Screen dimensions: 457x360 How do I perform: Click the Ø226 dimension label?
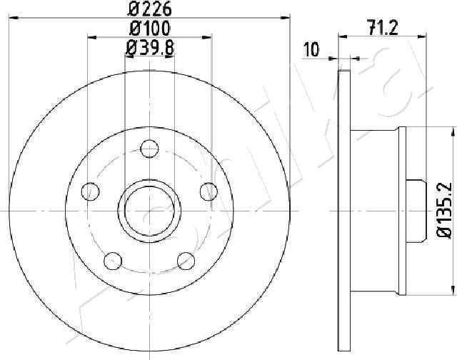[x=149, y=9]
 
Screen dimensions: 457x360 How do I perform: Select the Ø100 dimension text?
[x=149, y=29]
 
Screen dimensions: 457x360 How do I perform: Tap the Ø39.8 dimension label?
[x=149, y=48]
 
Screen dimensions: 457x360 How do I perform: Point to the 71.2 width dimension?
[x=383, y=28]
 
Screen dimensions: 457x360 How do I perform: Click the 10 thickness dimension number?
[x=311, y=49]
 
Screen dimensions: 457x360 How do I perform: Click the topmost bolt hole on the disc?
[x=149, y=149]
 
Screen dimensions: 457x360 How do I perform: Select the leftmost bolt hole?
[x=91, y=191]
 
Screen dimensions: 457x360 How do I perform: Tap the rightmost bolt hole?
[x=209, y=191]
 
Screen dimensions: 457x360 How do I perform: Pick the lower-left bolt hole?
[x=113, y=261]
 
